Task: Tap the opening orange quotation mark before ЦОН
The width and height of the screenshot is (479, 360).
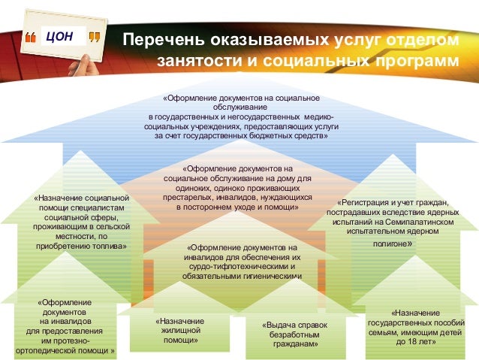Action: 31,36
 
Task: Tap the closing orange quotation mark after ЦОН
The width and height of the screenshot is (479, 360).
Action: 93,36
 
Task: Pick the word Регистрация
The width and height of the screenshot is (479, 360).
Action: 363,202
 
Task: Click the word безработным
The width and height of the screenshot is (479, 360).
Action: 290,334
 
